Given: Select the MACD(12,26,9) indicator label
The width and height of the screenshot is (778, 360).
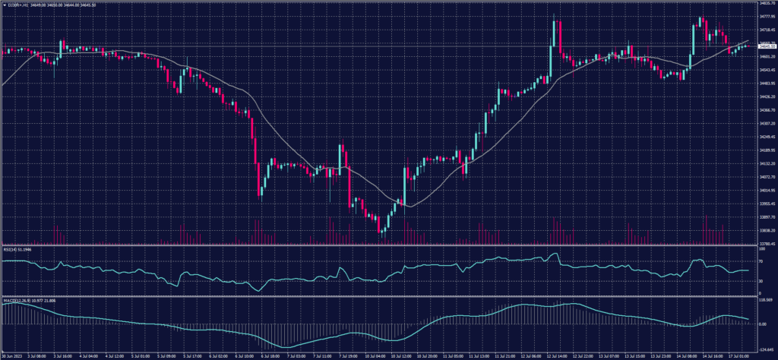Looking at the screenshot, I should click(18, 301).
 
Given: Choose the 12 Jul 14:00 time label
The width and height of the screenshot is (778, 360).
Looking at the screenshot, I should click(559, 355).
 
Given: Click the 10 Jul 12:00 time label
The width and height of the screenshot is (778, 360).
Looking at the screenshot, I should click(401, 355).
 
